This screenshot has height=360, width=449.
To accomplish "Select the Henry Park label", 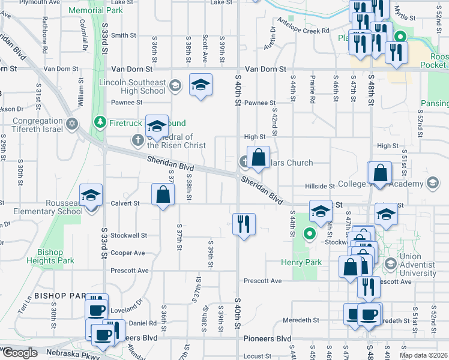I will (x=301, y=262).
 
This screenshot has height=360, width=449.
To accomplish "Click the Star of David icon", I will (x=71, y=124).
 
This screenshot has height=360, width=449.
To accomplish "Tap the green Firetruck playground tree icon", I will (x=100, y=123).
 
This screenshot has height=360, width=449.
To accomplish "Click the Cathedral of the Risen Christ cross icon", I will (x=137, y=140).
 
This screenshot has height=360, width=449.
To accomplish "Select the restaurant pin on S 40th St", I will (x=244, y=224).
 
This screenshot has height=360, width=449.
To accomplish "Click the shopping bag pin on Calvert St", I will (x=163, y=195).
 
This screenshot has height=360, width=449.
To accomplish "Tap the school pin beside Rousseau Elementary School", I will (x=91, y=196).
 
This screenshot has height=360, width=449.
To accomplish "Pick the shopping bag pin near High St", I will (x=258, y=158).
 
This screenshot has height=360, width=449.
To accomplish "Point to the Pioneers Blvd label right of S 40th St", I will (x=267, y=338).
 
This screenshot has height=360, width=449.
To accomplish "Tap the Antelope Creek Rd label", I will (x=307, y=31).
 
